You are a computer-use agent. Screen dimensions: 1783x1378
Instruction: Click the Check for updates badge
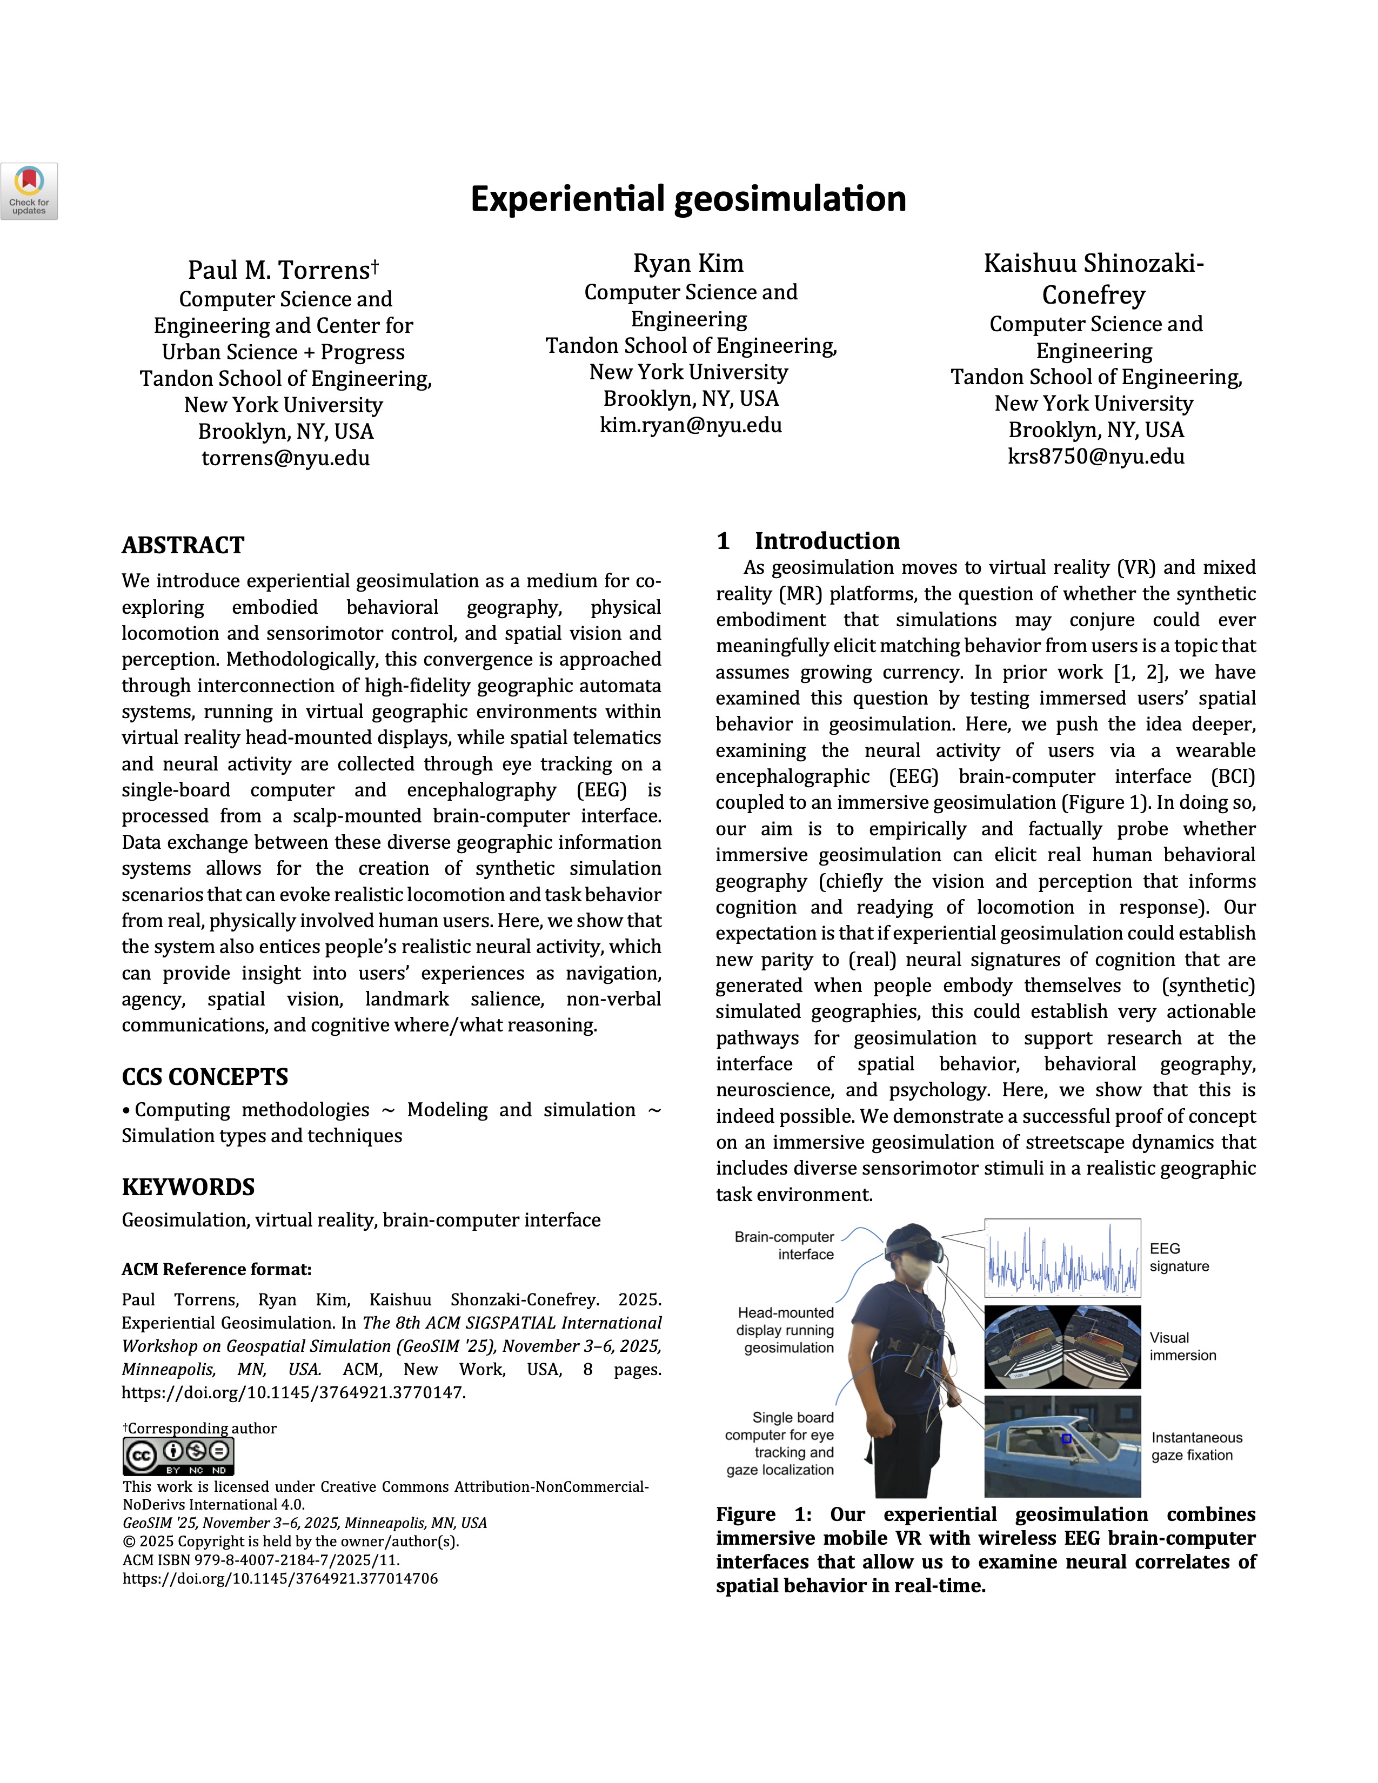pyautogui.click(x=29, y=191)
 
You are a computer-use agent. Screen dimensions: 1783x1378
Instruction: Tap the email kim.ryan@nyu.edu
pyautogui.click(x=691, y=425)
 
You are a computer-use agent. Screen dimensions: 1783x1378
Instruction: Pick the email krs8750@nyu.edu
pyautogui.click(x=1095, y=457)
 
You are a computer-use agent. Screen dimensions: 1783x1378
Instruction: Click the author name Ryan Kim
pyautogui.click(x=688, y=264)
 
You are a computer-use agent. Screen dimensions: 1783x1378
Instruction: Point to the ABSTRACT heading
pyautogui.click(x=183, y=545)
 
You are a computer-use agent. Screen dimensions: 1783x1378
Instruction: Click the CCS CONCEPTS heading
pyautogui.click(x=205, y=1077)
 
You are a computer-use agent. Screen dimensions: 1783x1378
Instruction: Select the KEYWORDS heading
pyautogui.click(x=188, y=1187)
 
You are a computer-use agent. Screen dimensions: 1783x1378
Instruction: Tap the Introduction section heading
pyautogui.click(x=826, y=541)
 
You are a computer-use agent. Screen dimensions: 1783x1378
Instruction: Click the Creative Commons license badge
pyautogui.click(x=178, y=1456)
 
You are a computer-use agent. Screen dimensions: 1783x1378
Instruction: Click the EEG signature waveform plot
pyautogui.click(x=1062, y=1258)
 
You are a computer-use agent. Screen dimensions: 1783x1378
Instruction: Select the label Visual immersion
pyautogui.click(x=1182, y=1346)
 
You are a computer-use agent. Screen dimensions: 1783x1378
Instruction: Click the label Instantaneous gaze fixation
pyautogui.click(x=1196, y=1446)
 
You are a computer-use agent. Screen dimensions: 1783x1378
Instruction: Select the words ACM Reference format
pyautogui.click(x=216, y=1270)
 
